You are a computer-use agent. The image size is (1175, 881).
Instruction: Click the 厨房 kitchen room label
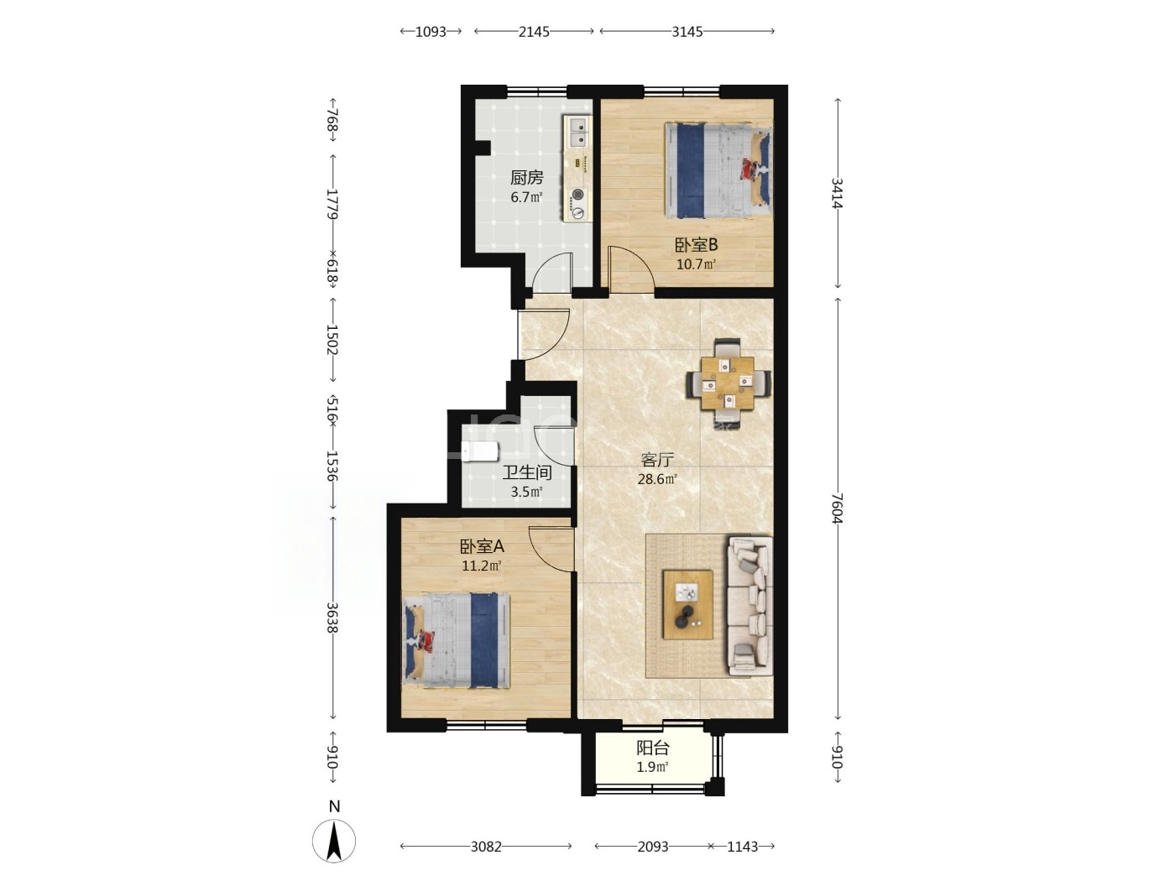526,177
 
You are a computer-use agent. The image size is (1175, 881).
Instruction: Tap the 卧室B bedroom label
696,245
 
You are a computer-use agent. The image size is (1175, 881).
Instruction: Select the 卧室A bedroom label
482,546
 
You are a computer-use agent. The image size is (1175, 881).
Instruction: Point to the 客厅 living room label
657,460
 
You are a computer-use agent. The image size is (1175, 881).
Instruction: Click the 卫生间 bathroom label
527,472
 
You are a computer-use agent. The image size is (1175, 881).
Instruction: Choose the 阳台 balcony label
652,748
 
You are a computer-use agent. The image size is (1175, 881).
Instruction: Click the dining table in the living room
728,383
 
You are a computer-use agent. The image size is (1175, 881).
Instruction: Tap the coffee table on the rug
687,604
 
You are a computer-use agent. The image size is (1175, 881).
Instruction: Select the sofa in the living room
749,606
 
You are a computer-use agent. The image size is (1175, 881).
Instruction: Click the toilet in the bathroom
480,451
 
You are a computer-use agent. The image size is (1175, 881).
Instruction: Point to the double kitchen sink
578,133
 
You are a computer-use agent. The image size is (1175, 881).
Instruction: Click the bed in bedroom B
718,170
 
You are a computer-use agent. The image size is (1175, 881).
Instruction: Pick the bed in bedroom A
457,640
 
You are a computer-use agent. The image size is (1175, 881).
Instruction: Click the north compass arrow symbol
334,841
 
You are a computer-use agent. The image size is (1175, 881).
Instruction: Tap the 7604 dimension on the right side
838,508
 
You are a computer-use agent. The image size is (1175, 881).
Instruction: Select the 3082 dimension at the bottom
486,847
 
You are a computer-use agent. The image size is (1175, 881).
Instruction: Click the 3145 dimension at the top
687,32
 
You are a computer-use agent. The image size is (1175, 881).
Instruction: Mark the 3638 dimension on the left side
332,618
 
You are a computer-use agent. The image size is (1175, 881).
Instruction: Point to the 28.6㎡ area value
657,479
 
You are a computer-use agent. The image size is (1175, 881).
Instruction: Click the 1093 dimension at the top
431,32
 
